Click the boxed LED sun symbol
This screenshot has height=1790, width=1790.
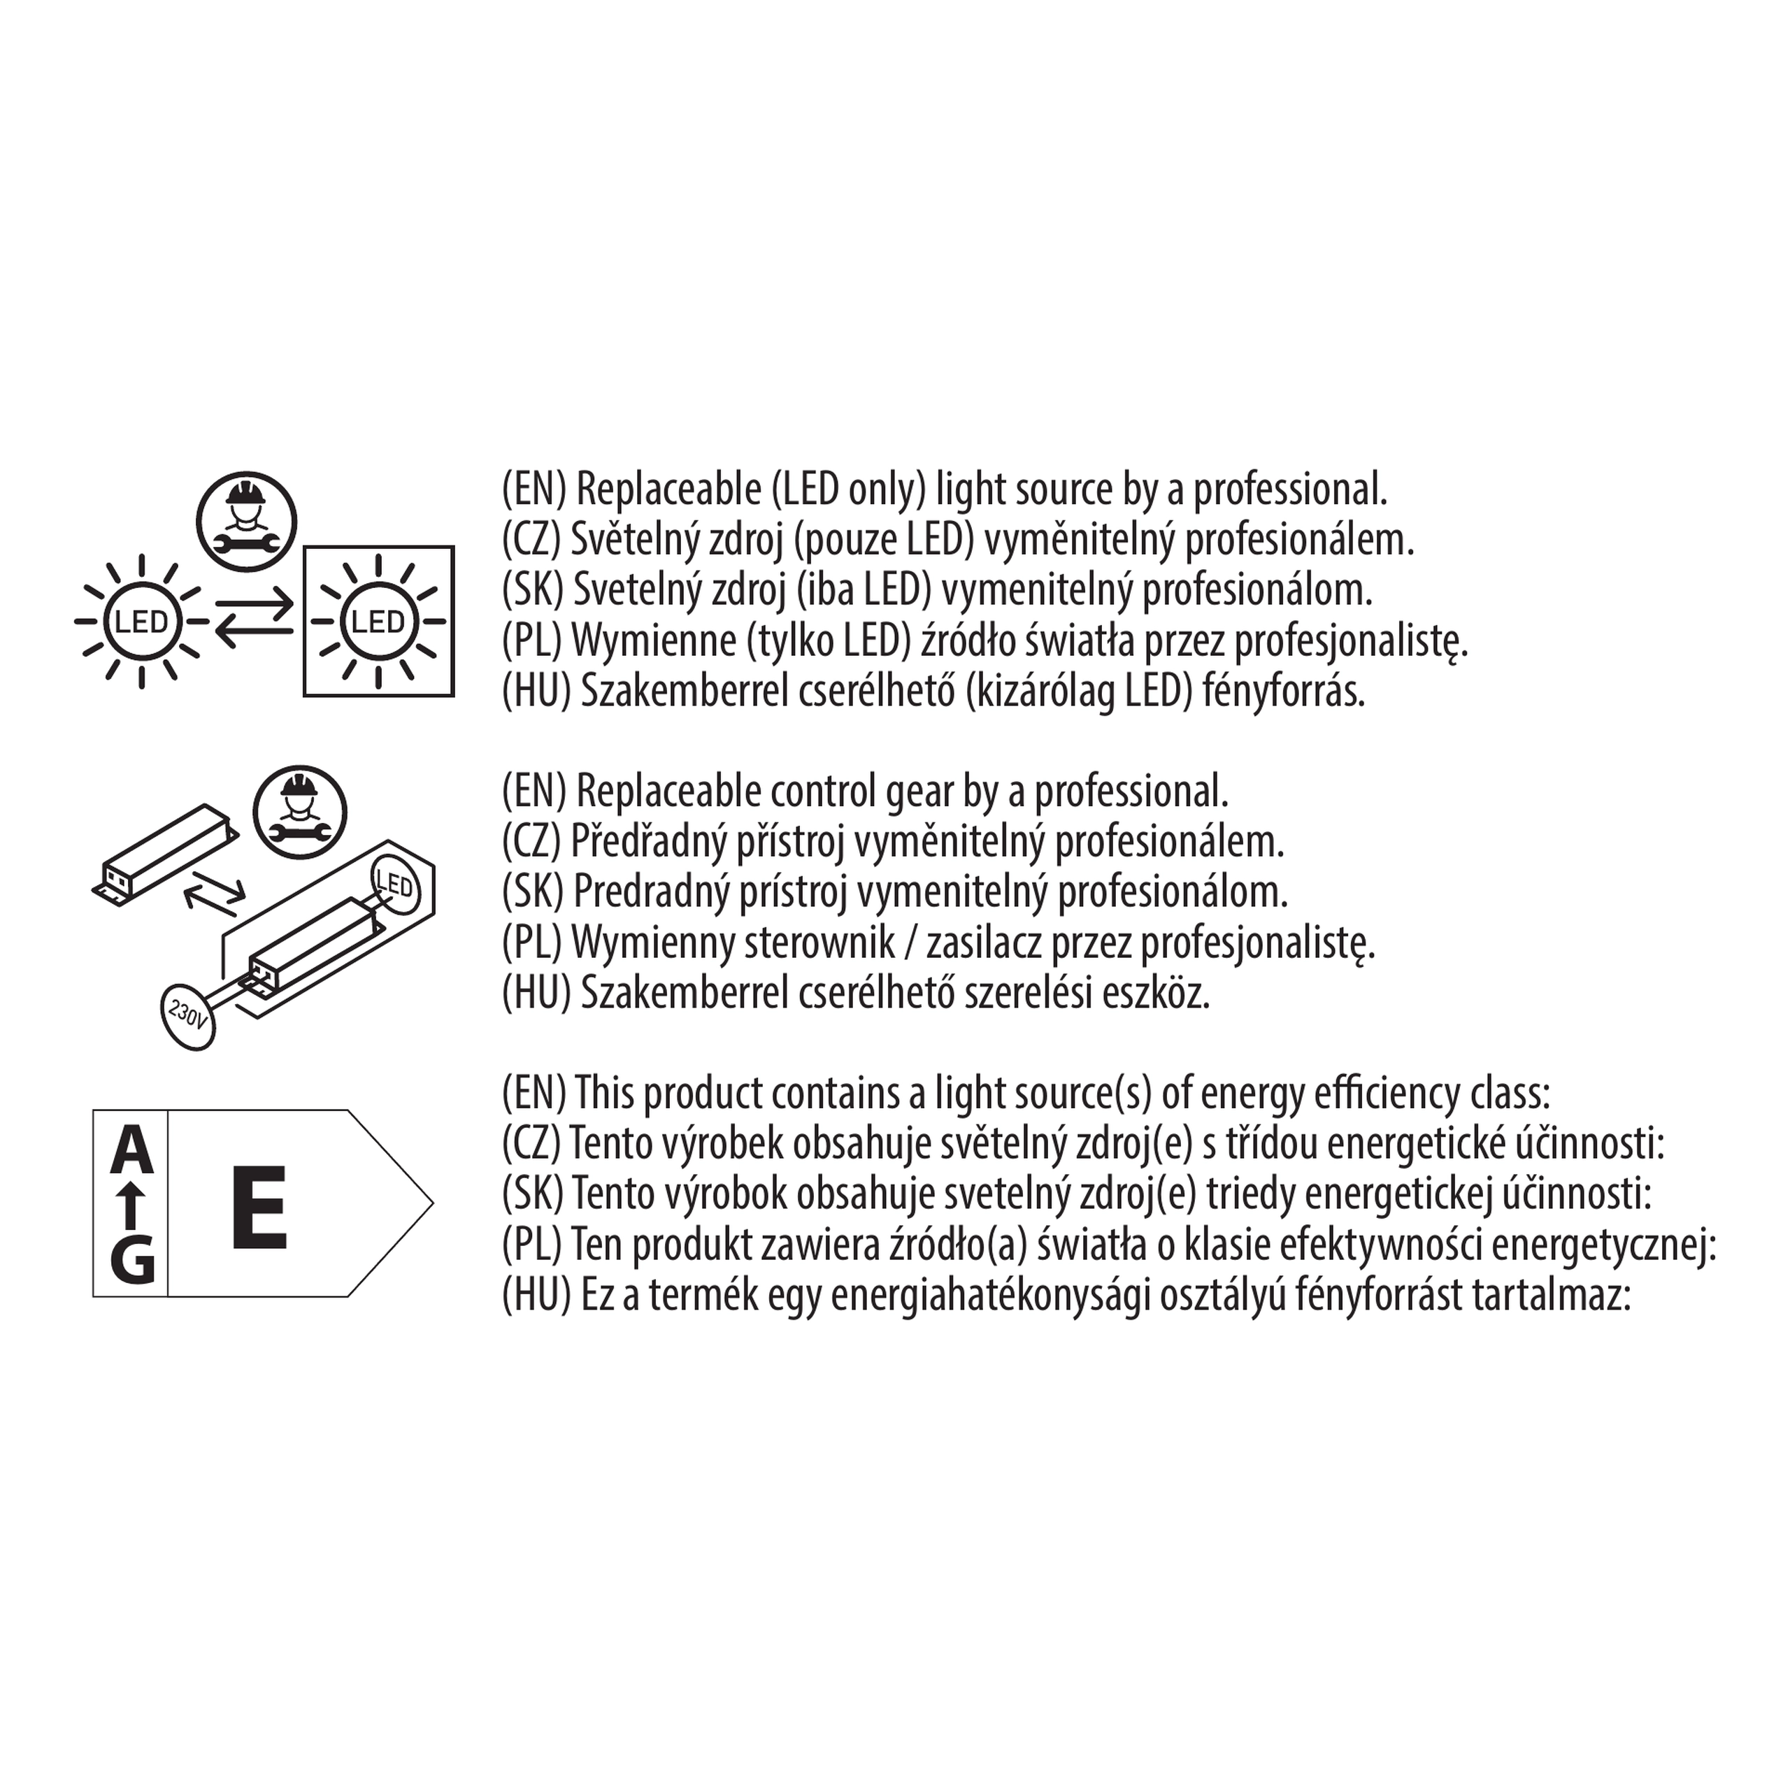click(379, 621)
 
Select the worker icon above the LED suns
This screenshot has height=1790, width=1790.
click(246, 521)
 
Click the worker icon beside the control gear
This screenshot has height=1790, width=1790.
click(299, 812)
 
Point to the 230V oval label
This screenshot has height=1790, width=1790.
click(187, 1015)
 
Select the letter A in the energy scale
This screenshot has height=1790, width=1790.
click(131, 1150)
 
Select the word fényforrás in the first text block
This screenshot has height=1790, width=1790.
click(1283, 692)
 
